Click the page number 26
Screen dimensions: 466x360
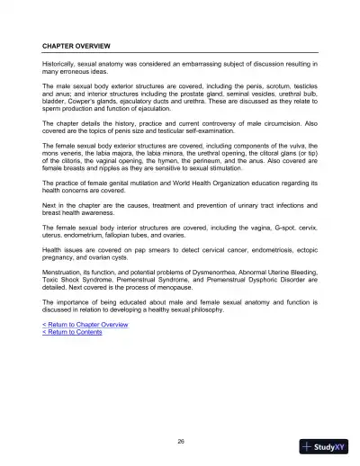181,440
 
